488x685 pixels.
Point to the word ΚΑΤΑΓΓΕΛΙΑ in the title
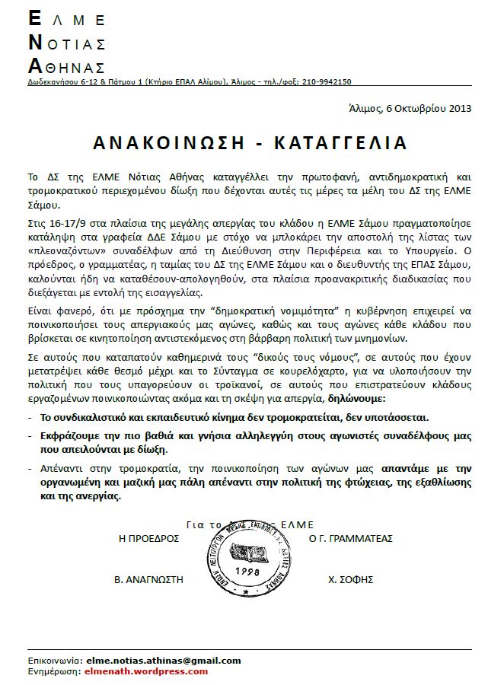346,143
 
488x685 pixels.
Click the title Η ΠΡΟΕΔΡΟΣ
147,537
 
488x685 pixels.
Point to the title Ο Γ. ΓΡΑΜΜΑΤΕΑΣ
350,537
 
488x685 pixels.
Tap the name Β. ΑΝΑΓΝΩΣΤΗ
149,579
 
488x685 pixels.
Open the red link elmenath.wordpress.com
148,671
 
